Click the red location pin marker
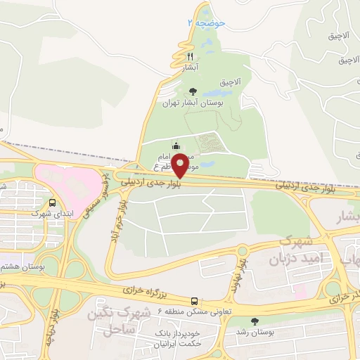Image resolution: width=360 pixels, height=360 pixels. pyautogui.click(x=181, y=165)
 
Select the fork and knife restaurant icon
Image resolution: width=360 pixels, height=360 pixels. pyautogui.click(x=190, y=56)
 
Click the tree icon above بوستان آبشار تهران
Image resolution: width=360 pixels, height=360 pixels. pyautogui.click(x=193, y=91)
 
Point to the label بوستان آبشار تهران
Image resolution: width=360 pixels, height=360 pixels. pyautogui.click(x=193, y=103)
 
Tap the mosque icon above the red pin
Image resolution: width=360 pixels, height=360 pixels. pyautogui.click(x=176, y=147)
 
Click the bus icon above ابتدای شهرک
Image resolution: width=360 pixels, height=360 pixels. pyautogui.click(x=34, y=199)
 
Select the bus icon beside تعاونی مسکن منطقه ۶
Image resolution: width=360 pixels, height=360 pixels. pyautogui.click(x=195, y=300)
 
